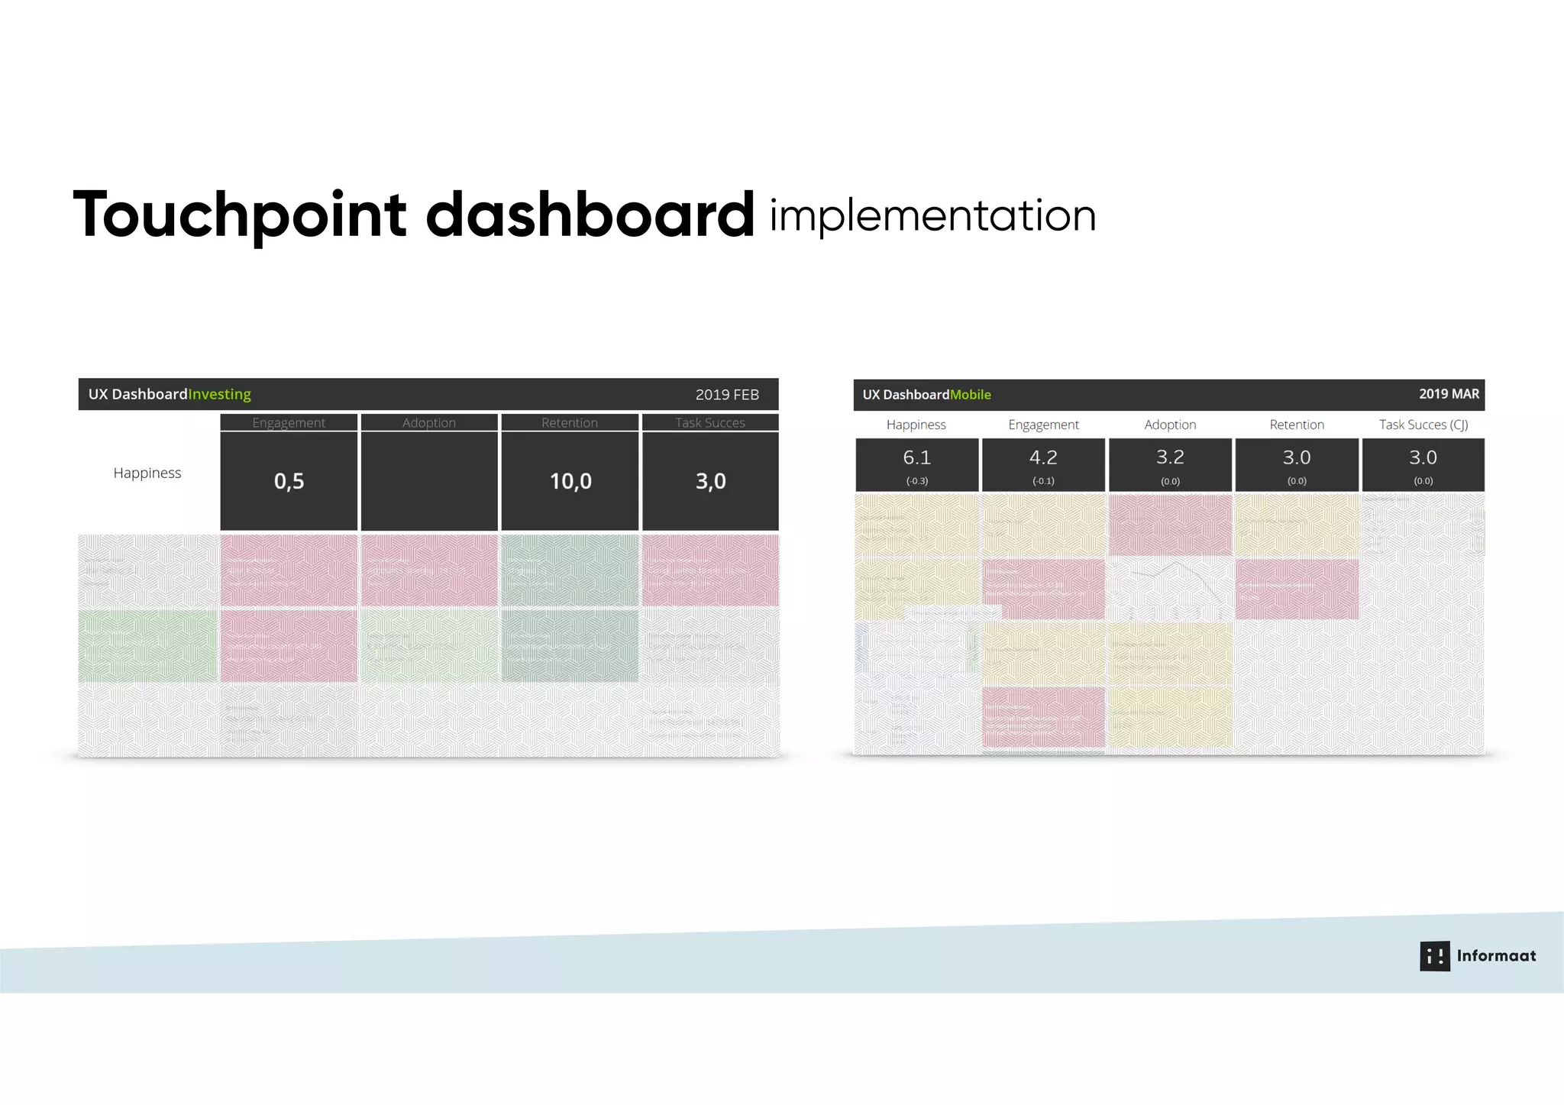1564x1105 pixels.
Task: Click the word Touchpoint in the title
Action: pos(239,215)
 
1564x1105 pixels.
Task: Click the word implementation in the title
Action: pos(932,215)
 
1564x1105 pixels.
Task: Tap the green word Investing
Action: pos(220,394)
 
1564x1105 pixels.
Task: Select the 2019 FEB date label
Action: pos(726,395)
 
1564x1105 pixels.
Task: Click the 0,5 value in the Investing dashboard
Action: pos(289,481)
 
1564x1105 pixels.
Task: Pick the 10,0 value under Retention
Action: pos(570,481)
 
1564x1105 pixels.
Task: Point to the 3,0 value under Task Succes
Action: pos(710,481)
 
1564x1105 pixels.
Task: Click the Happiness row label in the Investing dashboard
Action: pos(147,473)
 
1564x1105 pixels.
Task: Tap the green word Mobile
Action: pos(971,395)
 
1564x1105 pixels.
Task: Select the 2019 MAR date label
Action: pos(1449,394)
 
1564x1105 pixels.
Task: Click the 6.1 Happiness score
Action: pos(916,457)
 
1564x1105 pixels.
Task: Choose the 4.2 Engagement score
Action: pos(1043,457)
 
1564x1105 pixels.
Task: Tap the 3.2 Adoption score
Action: pos(1170,457)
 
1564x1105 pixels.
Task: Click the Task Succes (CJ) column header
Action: pos(1423,425)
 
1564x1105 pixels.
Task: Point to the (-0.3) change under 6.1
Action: pos(916,481)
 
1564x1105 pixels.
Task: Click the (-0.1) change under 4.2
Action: pos(1043,481)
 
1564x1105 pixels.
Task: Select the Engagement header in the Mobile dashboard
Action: pos(1043,425)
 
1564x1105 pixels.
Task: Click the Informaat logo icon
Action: pos(1434,956)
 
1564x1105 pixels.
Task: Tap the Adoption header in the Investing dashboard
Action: pos(429,422)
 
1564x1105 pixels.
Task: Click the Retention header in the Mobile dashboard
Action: pos(1297,425)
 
